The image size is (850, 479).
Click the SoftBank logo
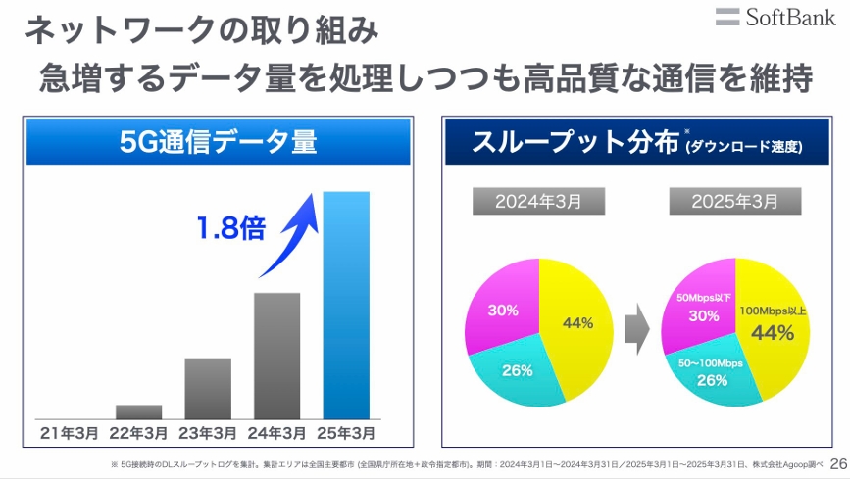(775, 17)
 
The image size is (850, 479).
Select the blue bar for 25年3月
(346, 304)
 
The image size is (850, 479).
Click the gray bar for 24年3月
(277, 355)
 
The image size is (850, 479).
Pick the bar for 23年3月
(208, 388)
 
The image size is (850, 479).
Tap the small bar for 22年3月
(138, 411)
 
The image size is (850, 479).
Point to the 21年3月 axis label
(69, 431)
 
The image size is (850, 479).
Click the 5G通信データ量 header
(218, 142)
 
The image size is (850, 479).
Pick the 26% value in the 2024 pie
(517, 370)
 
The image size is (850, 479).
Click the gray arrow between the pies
(637, 328)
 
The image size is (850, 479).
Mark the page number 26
(837, 463)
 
